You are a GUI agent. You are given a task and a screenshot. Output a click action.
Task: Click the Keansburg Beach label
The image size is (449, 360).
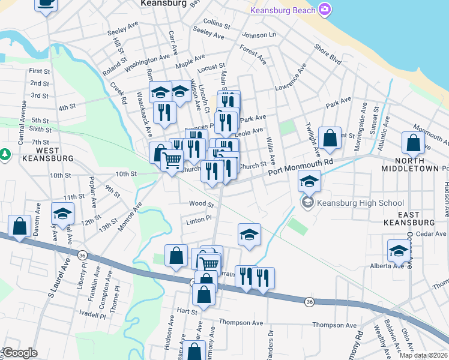283,10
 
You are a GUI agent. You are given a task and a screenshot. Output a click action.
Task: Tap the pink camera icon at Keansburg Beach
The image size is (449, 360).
325,9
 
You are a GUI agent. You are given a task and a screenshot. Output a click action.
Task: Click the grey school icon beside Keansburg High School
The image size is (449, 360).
308,203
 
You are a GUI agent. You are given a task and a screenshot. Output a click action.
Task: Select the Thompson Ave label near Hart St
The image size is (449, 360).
241,323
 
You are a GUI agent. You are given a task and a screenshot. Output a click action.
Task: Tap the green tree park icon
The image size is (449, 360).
5,155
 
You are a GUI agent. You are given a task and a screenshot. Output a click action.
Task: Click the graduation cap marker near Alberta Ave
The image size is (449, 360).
399,252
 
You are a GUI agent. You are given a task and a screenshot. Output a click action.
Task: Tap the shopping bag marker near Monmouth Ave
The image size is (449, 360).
413,143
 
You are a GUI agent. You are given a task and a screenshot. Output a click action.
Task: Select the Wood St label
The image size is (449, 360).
201,204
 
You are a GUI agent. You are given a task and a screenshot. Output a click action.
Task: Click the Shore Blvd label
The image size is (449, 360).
327,55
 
